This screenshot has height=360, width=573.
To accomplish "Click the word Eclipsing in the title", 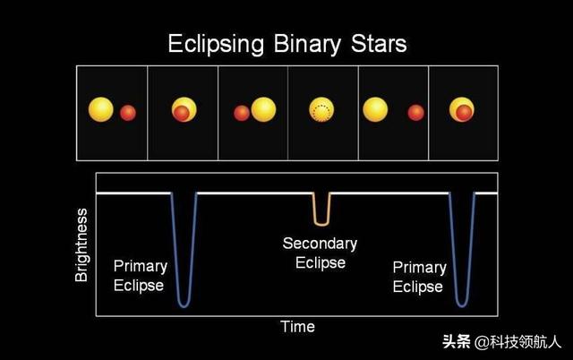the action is click(x=216, y=45).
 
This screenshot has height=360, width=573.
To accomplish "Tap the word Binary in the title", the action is click(x=307, y=45).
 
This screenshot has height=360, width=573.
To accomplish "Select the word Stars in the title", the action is click(x=379, y=44).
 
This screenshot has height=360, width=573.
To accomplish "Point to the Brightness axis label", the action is click(x=81, y=244).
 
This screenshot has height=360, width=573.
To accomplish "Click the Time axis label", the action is click(x=297, y=327).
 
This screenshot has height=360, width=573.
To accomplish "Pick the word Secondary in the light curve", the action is click(x=320, y=244).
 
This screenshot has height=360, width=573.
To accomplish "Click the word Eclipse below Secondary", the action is click(x=321, y=262).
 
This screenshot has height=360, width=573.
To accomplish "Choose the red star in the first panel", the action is click(x=128, y=113).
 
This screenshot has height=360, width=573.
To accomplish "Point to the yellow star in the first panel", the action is click(x=101, y=109).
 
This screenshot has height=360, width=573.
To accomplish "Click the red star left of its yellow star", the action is click(x=242, y=113).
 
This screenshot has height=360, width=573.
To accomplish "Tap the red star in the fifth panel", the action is click(x=415, y=113).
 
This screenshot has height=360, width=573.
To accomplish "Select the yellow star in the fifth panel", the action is click(x=375, y=109).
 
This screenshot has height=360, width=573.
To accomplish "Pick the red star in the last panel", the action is click(x=464, y=113).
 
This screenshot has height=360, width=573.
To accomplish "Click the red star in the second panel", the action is click(x=181, y=113).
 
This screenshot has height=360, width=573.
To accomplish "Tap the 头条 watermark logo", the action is click(x=457, y=342).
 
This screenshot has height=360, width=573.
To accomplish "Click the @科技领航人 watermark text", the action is click(x=517, y=342).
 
